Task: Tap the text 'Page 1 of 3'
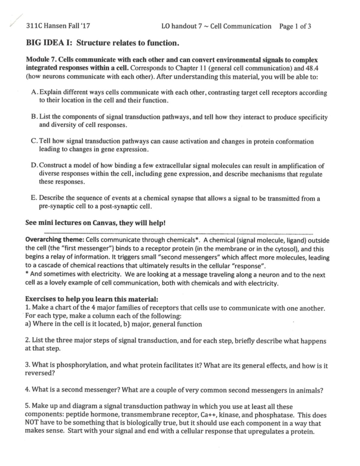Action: [x=295, y=26]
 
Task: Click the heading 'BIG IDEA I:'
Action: [x=49, y=43]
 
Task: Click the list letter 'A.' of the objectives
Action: [x=34, y=92]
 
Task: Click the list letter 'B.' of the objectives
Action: [x=34, y=117]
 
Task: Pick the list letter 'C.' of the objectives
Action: [x=34, y=141]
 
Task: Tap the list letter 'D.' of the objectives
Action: [x=34, y=166]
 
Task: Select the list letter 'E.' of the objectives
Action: [x=34, y=198]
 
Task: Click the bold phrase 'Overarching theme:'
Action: [x=55, y=240]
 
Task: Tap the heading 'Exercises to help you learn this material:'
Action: [x=91, y=299]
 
